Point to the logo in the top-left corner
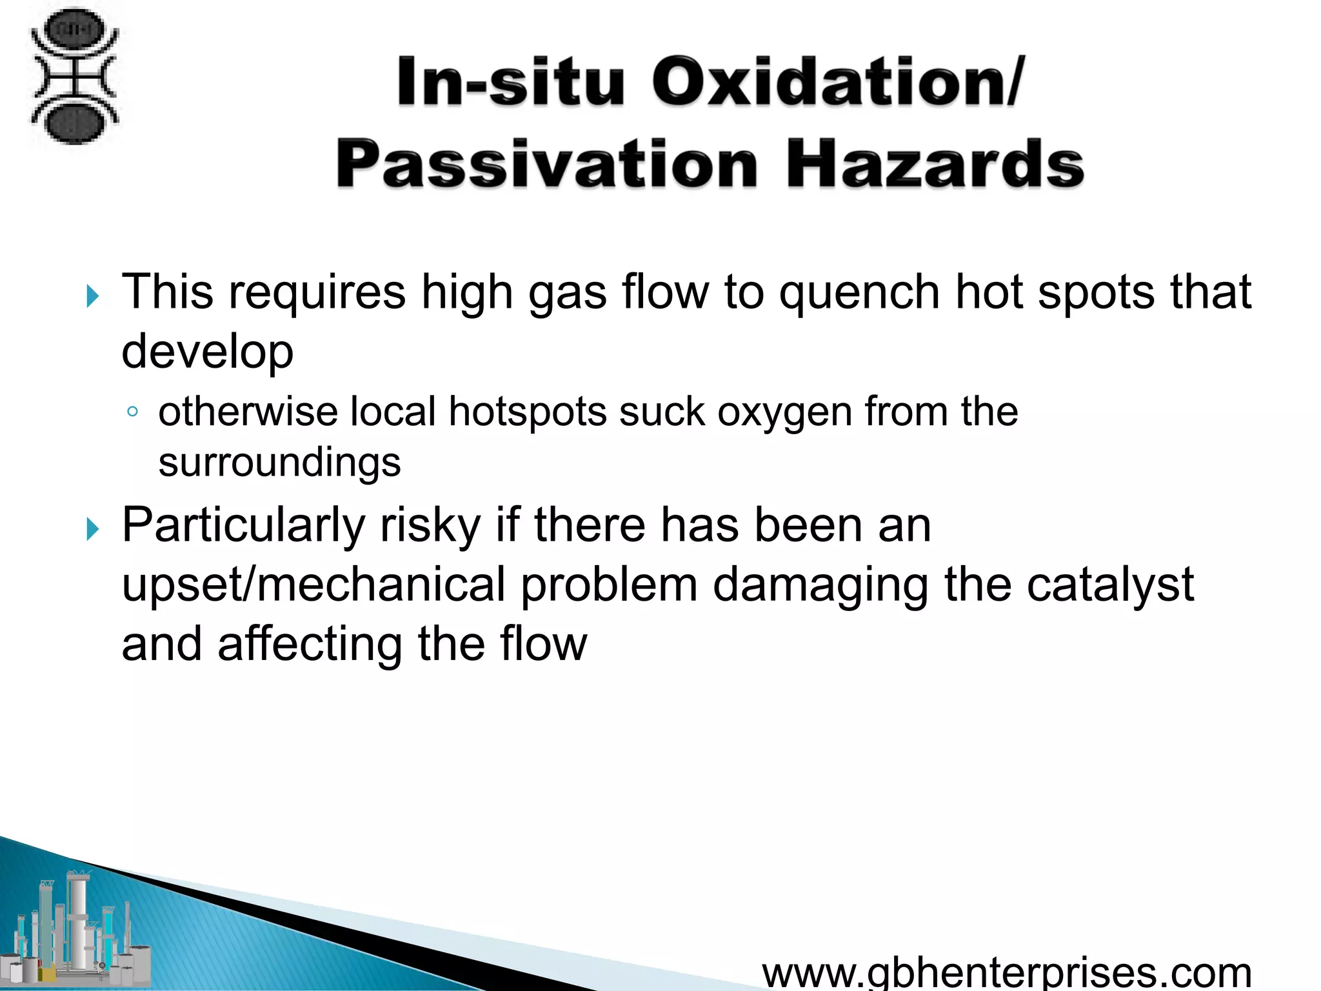(x=75, y=76)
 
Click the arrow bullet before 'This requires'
(x=93, y=297)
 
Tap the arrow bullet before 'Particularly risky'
(x=93, y=530)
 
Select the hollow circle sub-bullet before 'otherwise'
(x=132, y=412)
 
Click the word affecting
(x=310, y=644)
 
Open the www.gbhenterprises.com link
(x=1006, y=973)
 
